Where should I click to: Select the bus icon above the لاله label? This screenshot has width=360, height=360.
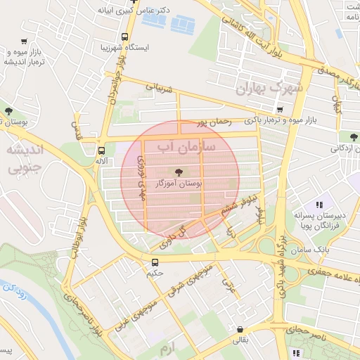click(102, 150)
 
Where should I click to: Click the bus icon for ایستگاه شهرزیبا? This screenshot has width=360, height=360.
click(124, 37)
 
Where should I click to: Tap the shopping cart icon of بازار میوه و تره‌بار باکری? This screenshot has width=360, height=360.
click(280, 110)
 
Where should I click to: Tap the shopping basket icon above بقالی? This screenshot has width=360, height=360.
click(240, 328)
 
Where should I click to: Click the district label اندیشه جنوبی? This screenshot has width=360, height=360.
click(24, 159)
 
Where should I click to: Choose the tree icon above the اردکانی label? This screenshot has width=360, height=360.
click(352, 136)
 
